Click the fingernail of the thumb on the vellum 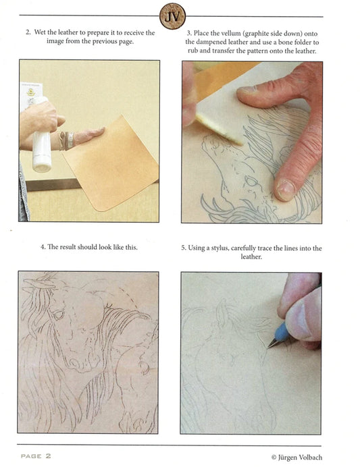coord(285,190)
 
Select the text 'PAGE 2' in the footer coord(36,456)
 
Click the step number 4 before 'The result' coord(43,247)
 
